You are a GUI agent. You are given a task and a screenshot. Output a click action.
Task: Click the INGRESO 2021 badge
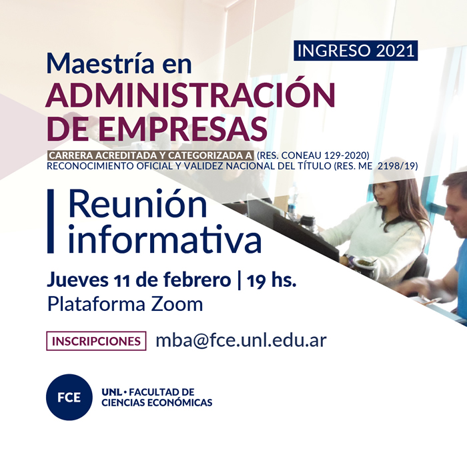(x=356, y=51)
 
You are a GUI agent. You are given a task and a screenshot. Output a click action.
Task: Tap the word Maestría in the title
(x=100, y=63)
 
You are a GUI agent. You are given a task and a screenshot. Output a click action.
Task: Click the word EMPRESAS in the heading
(x=183, y=129)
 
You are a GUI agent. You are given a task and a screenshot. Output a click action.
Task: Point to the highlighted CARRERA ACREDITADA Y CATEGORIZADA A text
(x=151, y=155)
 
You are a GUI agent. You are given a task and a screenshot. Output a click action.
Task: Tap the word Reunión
(x=137, y=204)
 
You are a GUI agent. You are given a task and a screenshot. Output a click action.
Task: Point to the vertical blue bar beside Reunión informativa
(x=50, y=221)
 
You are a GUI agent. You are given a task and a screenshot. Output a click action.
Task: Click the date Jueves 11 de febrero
(x=139, y=280)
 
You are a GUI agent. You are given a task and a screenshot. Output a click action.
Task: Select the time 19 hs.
(x=272, y=280)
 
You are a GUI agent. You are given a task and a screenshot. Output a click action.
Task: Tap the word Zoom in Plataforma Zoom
(x=177, y=304)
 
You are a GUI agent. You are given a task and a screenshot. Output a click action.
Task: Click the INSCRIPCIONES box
(x=96, y=341)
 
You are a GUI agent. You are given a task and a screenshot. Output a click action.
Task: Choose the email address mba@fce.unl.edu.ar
(x=242, y=340)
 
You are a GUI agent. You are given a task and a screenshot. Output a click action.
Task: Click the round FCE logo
(x=69, y=397)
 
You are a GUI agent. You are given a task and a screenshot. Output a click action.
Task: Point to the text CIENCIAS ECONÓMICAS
(x=157, y=402)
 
